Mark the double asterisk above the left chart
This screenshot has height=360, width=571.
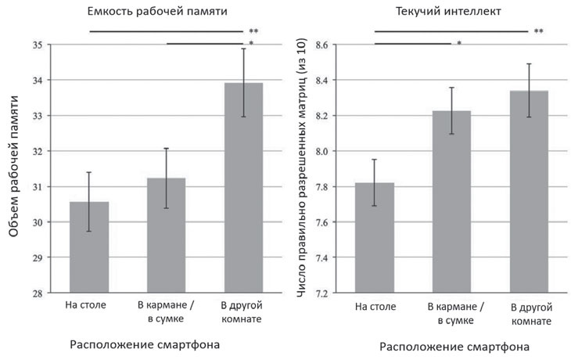[253, 31]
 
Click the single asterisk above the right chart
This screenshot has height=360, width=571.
[458, 44]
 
